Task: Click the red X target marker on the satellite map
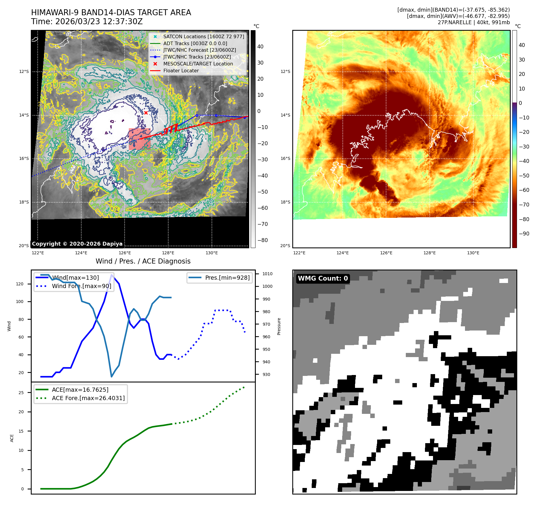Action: (146, 113)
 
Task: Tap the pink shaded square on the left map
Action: (140, 139)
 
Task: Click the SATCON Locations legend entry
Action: (204, 36)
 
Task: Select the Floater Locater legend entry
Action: (181, 71)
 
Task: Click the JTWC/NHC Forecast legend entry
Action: (199, 50)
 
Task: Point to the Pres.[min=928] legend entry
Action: (227, 278)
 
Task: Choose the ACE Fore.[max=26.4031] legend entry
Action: (88, 398)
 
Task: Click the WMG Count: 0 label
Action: (323, 278)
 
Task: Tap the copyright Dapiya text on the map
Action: (77, 244)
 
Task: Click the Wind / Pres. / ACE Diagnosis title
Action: (143, 261)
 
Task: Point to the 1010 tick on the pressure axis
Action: (267, 274)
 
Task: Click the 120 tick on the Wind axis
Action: (20, 284)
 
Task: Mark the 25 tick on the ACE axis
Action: (21, 393)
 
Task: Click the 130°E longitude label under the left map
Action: (212, 253)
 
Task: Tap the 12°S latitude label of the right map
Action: (285, 71)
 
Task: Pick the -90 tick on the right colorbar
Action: (524, 234)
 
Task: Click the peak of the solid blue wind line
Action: (112, 275)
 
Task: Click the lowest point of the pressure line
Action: (111, 377)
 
